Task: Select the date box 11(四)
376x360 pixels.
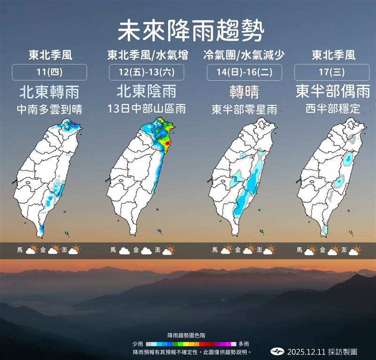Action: [x=49, y=72]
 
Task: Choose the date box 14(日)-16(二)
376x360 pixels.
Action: [x=244, y=72]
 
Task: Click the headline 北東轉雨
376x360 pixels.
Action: [x=49, y=91]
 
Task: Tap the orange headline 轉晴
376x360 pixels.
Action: [x=244, y=91]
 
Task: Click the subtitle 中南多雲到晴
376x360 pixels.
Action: [x=49, y=110]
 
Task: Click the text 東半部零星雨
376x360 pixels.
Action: [x=244, y=110]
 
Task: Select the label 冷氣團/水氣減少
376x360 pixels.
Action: [x=244, y=55]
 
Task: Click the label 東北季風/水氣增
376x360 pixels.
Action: [x=147, y=55]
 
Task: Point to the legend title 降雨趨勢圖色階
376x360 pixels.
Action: [x=187, y=336]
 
